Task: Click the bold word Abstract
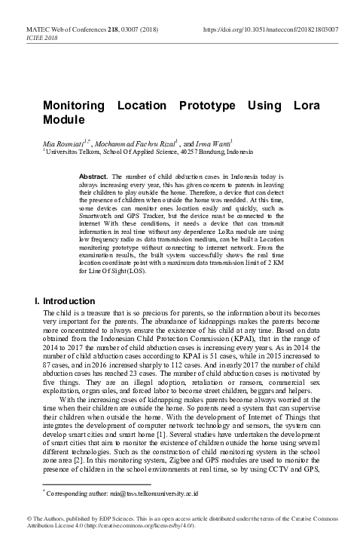coord(94,175)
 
